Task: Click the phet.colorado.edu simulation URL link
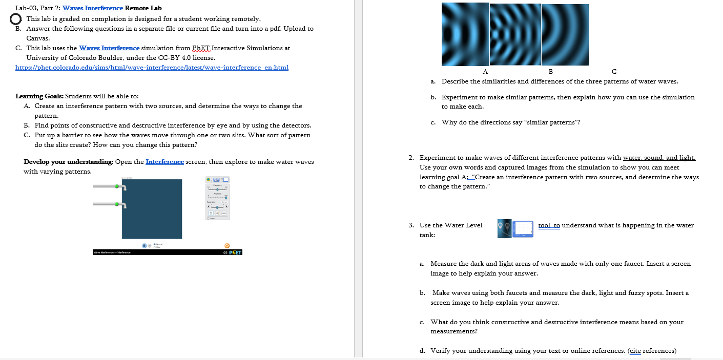coord(152,68)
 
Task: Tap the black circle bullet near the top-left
coord(16,19)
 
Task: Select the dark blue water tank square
coord(151,208)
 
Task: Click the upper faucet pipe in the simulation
coord(107,186)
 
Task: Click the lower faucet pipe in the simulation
coord(107,204)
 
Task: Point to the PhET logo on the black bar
coord(235,252)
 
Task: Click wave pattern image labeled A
coord(465,35)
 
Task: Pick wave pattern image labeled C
coord(565,34)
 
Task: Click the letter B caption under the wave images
coord(551,71)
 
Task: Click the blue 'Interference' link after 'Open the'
coord(164,162)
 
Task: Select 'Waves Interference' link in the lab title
coord(93,8)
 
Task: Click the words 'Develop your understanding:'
coord(69,162)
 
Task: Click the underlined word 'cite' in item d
coord(635,351)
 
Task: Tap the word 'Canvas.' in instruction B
coord(38,38)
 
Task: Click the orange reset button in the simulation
coord(227,246)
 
